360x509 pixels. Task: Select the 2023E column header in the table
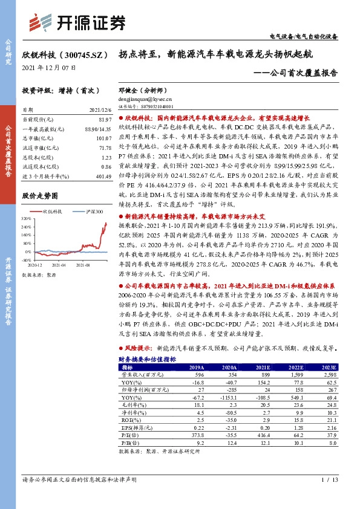[329, 368]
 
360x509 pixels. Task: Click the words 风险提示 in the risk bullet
[138, 349]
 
